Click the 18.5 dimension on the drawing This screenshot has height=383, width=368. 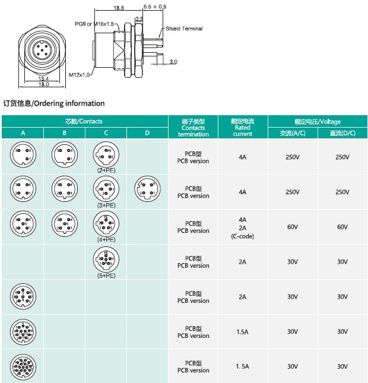[x=118, y=8]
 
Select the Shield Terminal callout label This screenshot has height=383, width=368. [x=184, y=29]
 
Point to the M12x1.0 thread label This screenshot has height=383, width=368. [x=79, y=75]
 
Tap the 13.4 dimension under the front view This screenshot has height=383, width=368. [x=43, y=78]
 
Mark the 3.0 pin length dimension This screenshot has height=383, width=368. [x=173, y=62]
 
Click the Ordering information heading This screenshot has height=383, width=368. [x=54, y=103]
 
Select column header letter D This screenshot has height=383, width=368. [x=147, y=133]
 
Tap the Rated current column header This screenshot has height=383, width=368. [x=243, y=127]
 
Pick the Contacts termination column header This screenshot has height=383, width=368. [x=193, y=128]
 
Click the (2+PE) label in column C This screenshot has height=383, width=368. [x=106, y=170]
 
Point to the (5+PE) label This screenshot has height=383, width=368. [x=106, y=275]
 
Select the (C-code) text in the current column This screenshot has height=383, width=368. [x=242, y=236]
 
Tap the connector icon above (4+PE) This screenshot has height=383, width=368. [x=106, y=224]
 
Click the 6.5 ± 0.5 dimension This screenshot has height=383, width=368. [x=155, y=7]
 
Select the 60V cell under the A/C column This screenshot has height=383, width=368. [x=292, y=227]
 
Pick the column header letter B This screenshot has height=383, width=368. [x=64, y=133]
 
